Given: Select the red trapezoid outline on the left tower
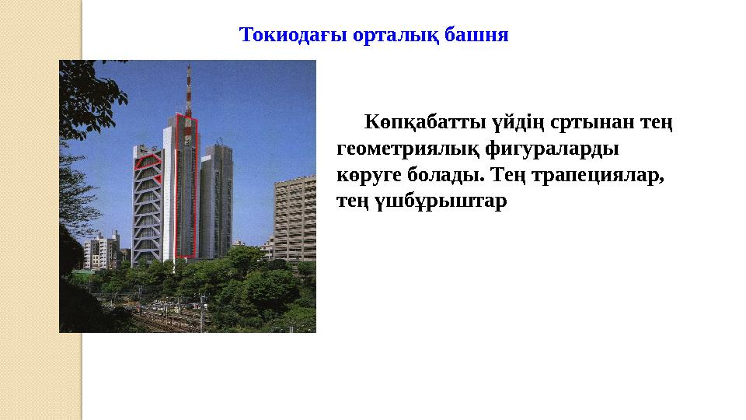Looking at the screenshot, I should pyautogui.click(x=148, y=162).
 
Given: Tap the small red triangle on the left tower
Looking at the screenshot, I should pyautogui.click(x=158, y=180).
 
